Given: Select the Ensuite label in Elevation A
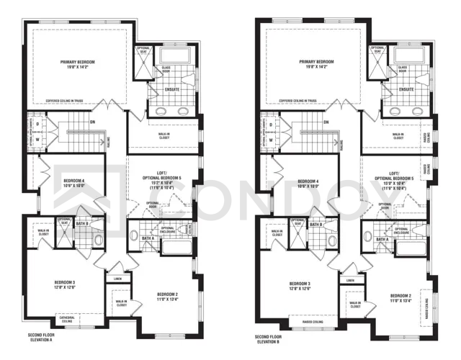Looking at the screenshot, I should click(171, 89).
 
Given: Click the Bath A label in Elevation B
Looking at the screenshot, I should click(381, 238).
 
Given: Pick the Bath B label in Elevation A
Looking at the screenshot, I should click(81, 224).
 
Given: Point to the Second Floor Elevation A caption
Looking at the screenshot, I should click(42, 338).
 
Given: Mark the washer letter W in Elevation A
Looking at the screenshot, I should click(37, 140).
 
